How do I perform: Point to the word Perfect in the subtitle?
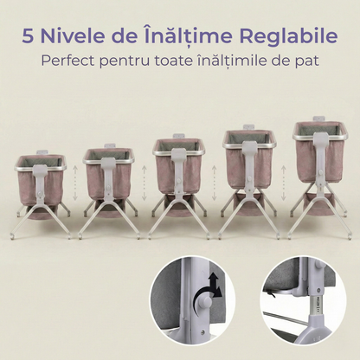(69, 62)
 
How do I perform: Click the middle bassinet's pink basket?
(164, 169)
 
